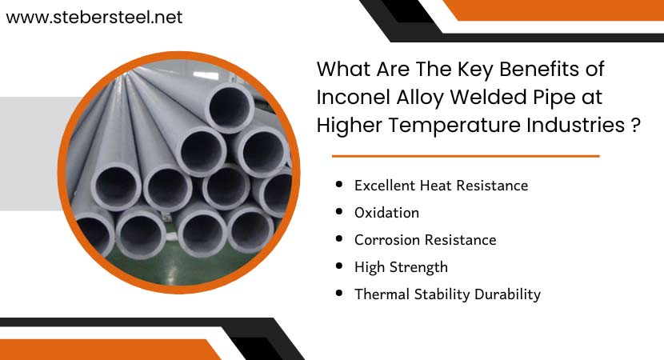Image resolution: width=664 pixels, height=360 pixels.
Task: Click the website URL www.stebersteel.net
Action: click(x=94, y=17)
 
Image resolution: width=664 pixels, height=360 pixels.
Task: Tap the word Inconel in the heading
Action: click(x=350, y=97)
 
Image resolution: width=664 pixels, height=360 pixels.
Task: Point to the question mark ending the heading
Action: click(x=635, y=125)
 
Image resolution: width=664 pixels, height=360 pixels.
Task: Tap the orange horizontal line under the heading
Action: click(x=466, y=156)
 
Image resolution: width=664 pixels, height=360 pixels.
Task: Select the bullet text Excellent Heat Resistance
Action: click(x=441, y=185)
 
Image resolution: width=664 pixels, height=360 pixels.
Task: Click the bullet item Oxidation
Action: click(x=386, y=212)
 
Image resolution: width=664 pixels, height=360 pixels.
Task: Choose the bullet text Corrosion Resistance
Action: click(x=425, y=239)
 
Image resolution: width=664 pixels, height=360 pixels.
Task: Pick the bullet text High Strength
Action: click(x=401, y=266)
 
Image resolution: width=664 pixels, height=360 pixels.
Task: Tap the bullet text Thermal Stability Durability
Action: click(x=447, y=294)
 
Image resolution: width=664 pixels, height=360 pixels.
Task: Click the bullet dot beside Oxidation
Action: click(x=339, y=212)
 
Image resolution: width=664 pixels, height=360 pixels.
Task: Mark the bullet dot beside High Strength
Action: click(x=339, y=266)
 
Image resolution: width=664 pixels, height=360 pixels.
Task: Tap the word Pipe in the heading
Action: click(x=550, y=98)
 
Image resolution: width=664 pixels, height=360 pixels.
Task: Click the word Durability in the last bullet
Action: click(x=506, y=294)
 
